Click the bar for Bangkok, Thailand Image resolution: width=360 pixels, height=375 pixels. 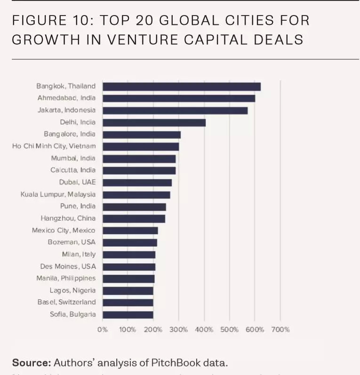click(x=181, y=87)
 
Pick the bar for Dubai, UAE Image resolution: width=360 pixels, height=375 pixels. click(x=137, y=183)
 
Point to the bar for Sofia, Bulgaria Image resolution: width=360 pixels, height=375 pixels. click(x=128, y=314)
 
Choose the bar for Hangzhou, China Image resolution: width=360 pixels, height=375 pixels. click(x=134, y=218)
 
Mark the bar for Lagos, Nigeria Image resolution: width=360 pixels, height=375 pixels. click(x=128, y=290)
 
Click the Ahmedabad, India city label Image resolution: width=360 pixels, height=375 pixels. click(x=66, y=98)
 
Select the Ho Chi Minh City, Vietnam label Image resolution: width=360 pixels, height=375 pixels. click(x=54, y=146)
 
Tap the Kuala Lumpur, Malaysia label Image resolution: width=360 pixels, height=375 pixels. click(x=58, y=194)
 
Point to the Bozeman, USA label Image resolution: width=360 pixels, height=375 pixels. click(x=72, y=242)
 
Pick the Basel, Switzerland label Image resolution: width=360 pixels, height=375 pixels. click(x=66, y=302)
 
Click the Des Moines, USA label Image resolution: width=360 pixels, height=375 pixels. click(x=68, y=266)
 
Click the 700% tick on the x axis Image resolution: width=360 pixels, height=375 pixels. click(x=280, y=329)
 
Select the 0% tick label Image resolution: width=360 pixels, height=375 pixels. click(x=103, y=329)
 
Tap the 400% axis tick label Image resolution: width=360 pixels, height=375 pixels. click(x=204, y=329)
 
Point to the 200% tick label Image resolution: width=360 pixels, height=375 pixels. click(x=153, y=329)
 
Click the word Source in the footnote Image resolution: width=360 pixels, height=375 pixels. click(x=31, y=363)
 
